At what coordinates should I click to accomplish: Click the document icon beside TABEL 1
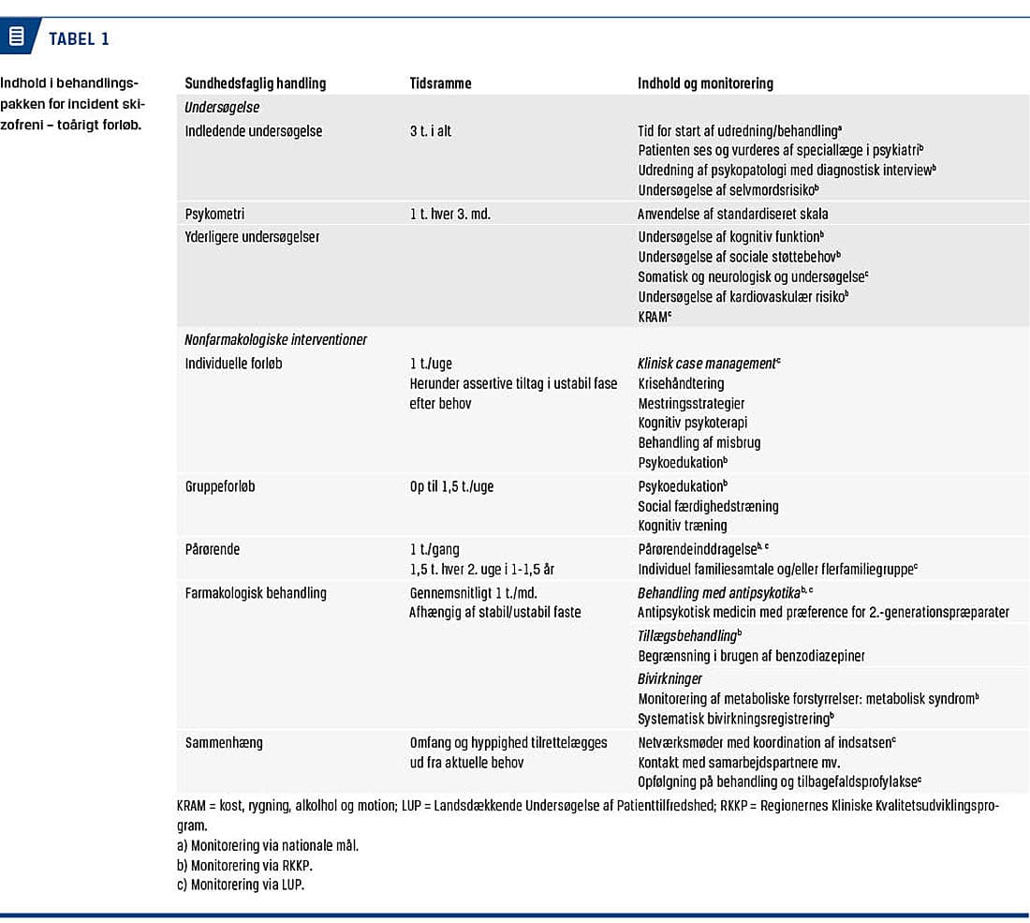(16, 38)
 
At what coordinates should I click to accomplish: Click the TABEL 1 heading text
(79, 39)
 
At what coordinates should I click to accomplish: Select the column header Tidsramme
(440, 83)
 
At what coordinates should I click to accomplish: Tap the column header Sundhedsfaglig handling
(256, 83)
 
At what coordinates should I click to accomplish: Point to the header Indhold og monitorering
(705, 83)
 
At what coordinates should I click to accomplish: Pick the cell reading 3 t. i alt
(430, 131)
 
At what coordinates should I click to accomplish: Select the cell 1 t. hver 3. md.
(449, 214)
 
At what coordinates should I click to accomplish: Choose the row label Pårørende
(213, 550)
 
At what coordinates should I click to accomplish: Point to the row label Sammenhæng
(224, 742)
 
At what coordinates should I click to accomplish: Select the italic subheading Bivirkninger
(669, 678)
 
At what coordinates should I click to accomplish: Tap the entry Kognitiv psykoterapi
(693, 423)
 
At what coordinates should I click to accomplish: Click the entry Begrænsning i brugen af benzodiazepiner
(751, 656)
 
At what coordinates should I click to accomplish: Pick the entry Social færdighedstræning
(708, 506)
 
